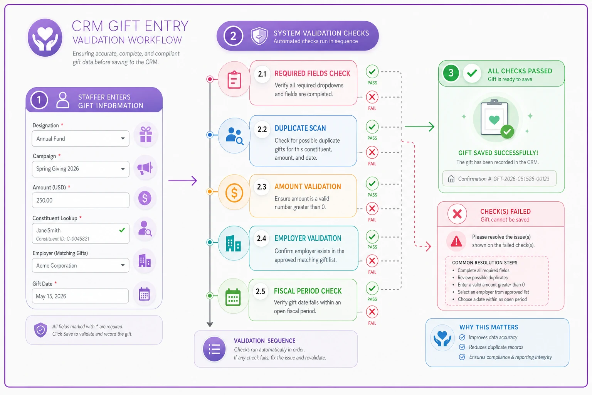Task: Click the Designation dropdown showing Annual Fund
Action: [80, 138]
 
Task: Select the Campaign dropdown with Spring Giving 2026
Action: [80, 169]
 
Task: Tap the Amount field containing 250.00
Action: [80, 200]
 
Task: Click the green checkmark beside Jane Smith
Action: [122, 230]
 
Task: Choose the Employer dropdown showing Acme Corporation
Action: [80, 265]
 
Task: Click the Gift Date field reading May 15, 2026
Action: [80, 296]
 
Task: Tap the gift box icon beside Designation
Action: [146, 134]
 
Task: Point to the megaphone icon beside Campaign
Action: [145, 168]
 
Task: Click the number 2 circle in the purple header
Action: [233, 36]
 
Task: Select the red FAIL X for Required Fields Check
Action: [372, 97]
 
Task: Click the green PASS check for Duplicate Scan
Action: [372, 127]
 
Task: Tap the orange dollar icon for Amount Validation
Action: [234, 192]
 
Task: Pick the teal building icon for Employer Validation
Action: [233, 243]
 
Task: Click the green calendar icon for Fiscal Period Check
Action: [233, 297]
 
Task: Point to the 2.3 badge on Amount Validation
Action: [262, 187]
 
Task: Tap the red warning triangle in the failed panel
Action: [456, 241]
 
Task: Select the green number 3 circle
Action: [451, 73]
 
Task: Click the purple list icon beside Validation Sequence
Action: [214, 349]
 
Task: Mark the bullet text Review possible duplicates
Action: [483, 277]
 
